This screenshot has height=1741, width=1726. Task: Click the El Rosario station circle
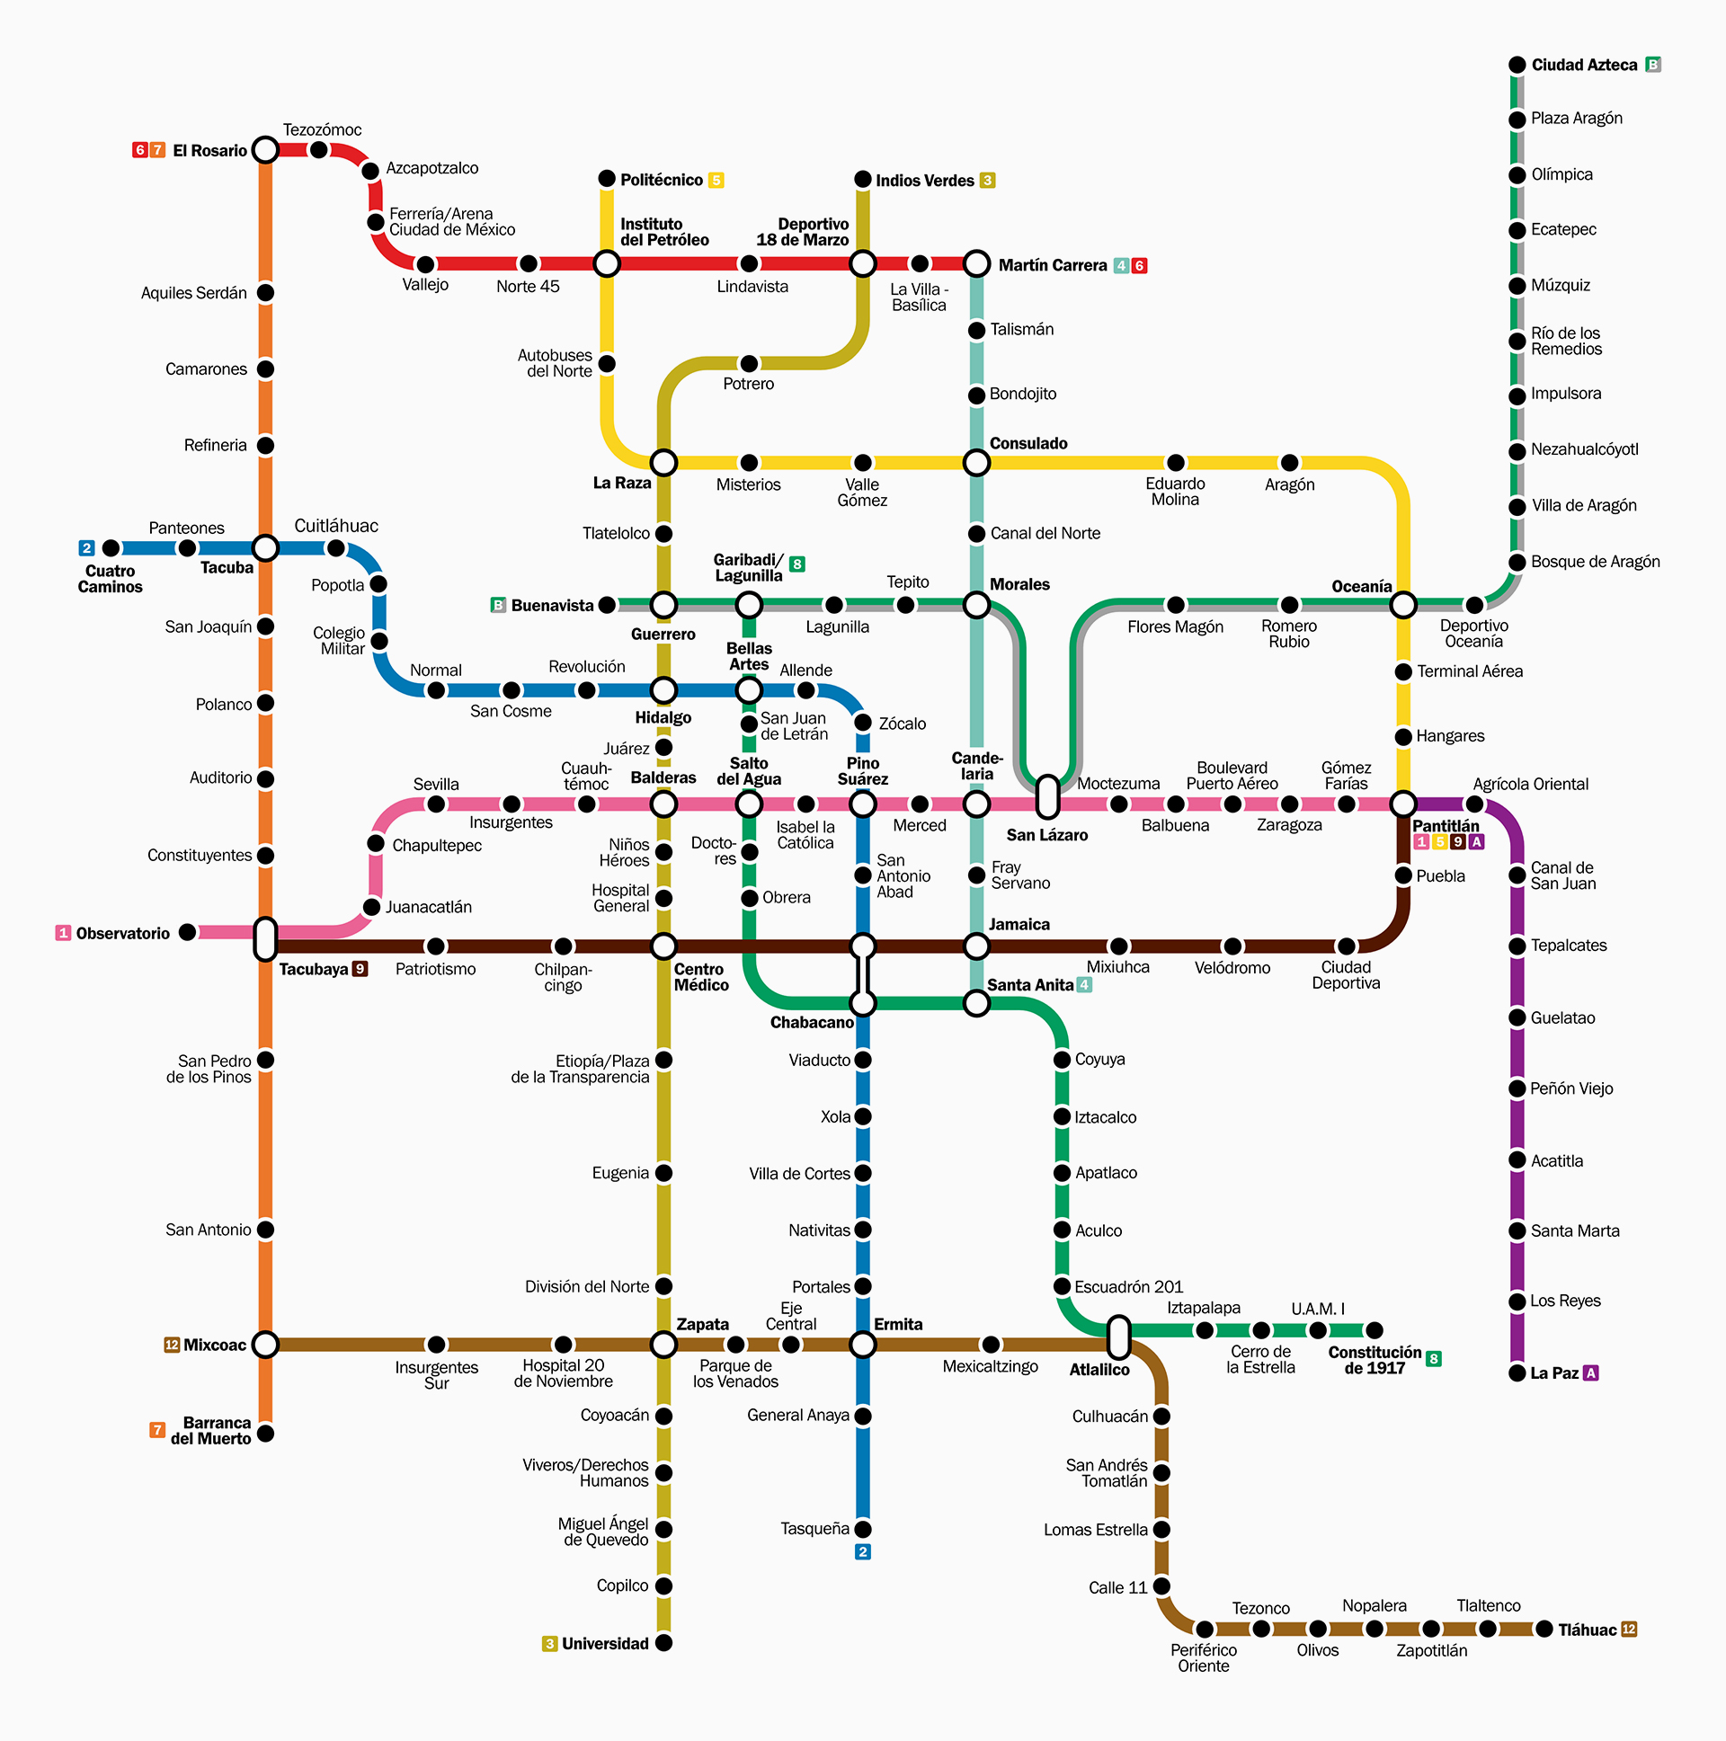click(265, 149)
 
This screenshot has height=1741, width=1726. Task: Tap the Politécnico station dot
click(607, 179)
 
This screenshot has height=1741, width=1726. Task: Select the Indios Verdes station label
click(925, 181)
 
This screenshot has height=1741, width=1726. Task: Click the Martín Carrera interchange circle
click(976, 264)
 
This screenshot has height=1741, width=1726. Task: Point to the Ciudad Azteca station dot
click(1517, 65)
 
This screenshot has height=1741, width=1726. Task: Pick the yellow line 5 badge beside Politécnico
click(716, 181)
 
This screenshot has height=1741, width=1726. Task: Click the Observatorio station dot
click(187, 932)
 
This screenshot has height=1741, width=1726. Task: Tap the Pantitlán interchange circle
click(1402, 803)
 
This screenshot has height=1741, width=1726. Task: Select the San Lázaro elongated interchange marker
click(1046, 796)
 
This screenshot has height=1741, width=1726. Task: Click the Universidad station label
click(605, 1644)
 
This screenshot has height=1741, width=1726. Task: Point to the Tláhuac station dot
click(1544, 1629)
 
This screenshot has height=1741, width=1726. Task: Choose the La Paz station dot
click(1517, 1372)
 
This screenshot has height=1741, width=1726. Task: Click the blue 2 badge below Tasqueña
click(862, 1551)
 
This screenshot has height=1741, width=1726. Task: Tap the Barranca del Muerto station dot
click(265, 1433)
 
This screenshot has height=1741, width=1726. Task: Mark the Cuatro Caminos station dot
click(111, 548)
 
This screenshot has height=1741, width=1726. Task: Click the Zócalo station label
click(903, 724)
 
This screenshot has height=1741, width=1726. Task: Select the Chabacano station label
click(811, 1022)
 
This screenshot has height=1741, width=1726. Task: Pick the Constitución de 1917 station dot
click(1374, 1330)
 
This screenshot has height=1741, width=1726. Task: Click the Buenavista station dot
click(608, 604)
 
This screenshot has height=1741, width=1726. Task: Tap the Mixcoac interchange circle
click(265, 1345)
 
